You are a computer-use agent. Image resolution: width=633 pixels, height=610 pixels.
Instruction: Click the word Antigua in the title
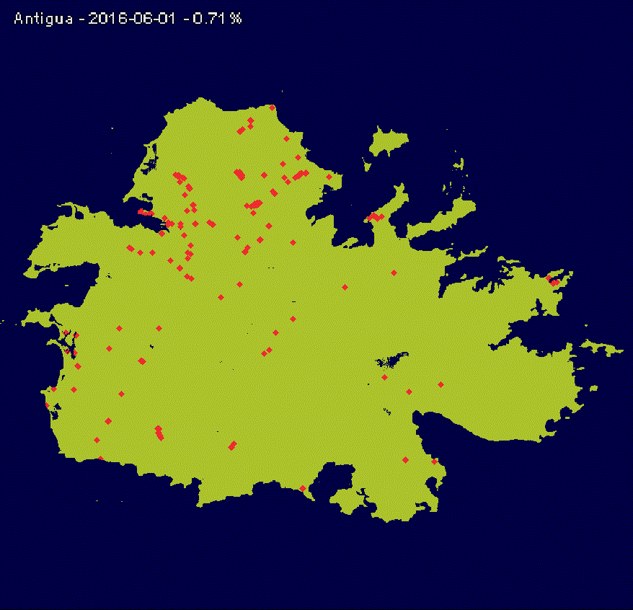(43, 19)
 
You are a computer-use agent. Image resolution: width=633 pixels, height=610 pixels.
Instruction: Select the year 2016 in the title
(107, 19)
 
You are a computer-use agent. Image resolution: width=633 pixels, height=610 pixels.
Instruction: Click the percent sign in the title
(236, 19)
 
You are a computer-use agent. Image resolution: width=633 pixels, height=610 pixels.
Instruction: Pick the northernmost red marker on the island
(272, 108)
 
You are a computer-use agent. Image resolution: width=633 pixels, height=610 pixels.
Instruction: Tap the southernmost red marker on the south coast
(302, 489)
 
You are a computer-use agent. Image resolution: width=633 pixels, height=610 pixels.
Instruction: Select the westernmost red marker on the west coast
(47, 405)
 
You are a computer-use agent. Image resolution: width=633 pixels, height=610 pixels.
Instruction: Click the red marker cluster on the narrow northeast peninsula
(373, 216)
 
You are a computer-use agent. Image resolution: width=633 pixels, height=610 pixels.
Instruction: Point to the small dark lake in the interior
(391, 360)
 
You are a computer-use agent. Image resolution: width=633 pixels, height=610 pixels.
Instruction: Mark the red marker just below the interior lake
(385, 377)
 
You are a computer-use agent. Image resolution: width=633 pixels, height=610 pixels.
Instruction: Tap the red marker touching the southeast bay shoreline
(434, 460)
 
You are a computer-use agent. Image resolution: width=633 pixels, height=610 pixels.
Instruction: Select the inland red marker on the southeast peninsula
(405, 459)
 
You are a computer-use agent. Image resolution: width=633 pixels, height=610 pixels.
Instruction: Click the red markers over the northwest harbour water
(145, 212)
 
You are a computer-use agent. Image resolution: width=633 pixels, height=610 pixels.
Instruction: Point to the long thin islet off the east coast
(602, 348)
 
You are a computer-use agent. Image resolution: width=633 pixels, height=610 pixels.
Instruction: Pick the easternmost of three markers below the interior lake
(441, 384)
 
